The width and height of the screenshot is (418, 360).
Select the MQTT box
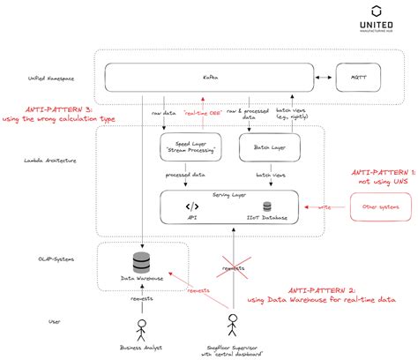click(359, 79)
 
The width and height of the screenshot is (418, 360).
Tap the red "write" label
click(324, 207)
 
